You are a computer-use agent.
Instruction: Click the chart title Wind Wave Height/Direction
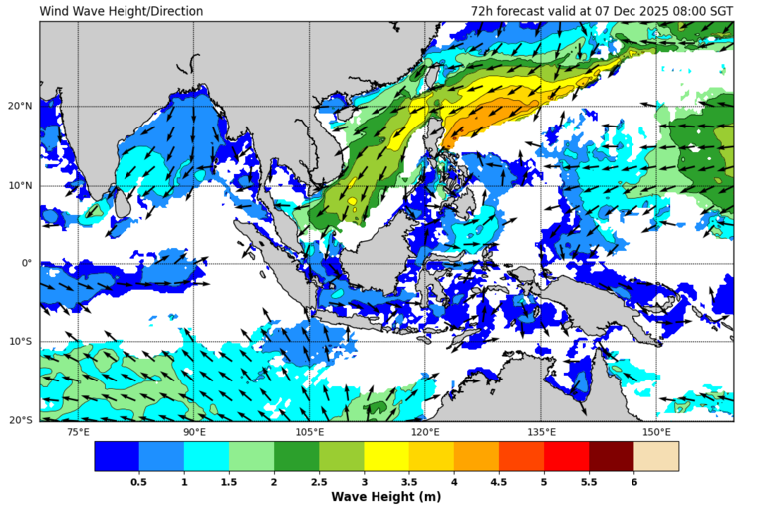[x=122, y=12]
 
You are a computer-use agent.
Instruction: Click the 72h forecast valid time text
[x=602, y=12]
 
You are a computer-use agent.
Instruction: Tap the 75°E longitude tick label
[x=78, y=432]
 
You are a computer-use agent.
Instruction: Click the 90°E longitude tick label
[x=194, y=432]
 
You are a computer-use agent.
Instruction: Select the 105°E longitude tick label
[x=310, y=432]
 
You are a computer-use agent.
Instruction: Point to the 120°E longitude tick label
[x=425, y=432]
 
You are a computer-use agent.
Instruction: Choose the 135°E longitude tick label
[x=541, y=432]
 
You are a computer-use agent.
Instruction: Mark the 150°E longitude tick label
[x=656, y=432]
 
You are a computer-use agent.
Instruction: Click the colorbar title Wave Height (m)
[x=385, y=496]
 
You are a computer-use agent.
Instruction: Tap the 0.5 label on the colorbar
[x=139, y=482]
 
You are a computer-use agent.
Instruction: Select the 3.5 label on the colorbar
[x=409, y=482]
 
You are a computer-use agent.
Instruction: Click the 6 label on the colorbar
[x=633, y=482]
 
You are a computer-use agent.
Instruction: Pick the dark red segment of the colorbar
[x=611, y=456]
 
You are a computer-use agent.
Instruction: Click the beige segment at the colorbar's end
[x=655, y=456]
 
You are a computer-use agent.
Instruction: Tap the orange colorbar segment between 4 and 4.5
[x=476, y=456]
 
